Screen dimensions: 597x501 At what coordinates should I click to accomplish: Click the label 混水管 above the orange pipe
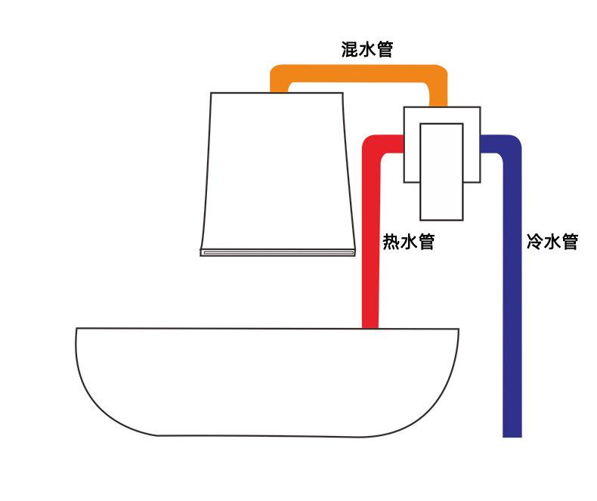tap(367, 51)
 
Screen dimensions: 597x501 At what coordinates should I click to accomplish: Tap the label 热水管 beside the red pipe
tap(408, 243)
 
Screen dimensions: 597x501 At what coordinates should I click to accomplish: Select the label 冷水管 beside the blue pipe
tap(552, 243)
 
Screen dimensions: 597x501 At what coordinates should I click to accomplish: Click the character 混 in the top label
tap(349, 51)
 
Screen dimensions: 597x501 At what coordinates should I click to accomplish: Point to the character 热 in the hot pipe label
tap(391, 243)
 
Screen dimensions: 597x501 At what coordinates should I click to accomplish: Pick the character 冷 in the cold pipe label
tap(534, 243)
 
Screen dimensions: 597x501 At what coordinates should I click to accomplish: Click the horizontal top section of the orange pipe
tap(359, 74)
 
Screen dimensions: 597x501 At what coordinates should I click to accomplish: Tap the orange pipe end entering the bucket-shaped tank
tap(279, 87)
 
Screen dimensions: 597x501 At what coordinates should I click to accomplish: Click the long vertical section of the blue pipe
tap(512, 302)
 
